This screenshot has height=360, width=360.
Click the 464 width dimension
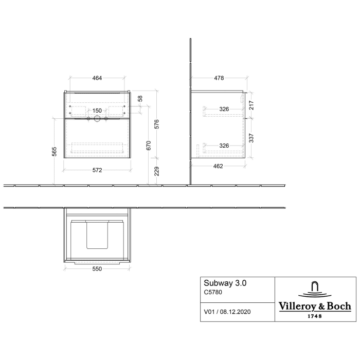click(97, 78)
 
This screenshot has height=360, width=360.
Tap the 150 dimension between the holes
click(97, 111)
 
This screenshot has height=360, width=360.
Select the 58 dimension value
click(140, 98)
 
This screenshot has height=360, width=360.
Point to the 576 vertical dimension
click(157, 124)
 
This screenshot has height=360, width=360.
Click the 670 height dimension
click(148, 146)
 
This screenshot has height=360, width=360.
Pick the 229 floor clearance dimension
click(157, 170)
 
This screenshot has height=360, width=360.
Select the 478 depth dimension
click(219, 78)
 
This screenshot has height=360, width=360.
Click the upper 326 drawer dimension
click(224, 109)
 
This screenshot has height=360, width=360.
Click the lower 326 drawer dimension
click(224, 145)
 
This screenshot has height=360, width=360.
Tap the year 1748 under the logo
click(315, 316)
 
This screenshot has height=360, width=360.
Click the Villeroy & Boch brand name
click(315, 306)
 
